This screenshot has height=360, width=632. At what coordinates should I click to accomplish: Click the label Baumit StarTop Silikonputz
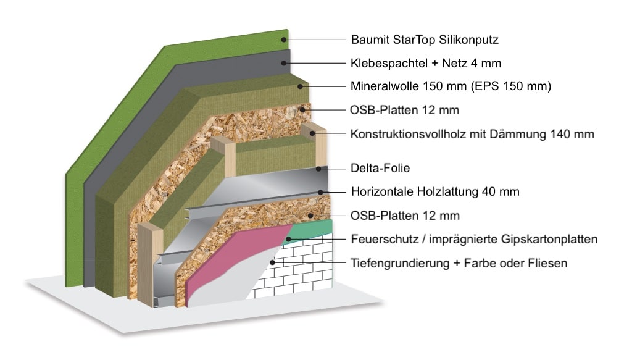tap(425, 40)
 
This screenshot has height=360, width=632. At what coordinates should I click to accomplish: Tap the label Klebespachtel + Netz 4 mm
tap(426, 63)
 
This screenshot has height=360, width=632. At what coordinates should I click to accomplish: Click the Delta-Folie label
tap(380, 168)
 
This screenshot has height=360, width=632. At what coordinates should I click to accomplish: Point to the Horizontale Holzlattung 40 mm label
tap(435, 191)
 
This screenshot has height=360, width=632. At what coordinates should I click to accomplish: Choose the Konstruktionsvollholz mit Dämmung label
tap(472, 134)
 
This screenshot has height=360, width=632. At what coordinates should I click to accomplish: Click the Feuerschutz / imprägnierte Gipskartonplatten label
tap(474, 239)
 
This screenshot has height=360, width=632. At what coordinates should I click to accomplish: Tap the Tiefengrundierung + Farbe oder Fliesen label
tap(459, 263)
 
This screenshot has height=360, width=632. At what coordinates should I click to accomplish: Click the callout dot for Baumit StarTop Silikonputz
tap(284, 40)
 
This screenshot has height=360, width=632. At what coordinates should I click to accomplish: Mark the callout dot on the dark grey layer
tap(284, 63)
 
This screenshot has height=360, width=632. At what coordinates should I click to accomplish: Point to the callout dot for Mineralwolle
tap(300, 86)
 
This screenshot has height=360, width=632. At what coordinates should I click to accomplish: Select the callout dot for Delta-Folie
tap(318, 169)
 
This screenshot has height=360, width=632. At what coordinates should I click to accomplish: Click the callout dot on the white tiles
tap(273, 262)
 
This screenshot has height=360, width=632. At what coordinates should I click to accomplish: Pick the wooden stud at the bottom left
tap(150, 264)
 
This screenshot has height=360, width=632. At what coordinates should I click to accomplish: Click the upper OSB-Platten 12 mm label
tap(404, 110)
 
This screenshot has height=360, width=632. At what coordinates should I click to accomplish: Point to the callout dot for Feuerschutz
tap(289, 240)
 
